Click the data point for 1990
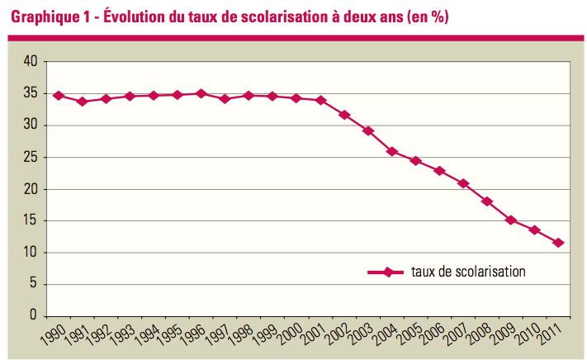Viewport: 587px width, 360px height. [58, 96]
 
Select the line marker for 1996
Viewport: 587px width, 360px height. [201, 93]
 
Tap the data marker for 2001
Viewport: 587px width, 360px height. [320, 101]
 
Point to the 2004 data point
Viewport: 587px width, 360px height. [392, 151]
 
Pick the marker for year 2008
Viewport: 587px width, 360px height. [487, 201]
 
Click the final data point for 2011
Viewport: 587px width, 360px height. [559, 243]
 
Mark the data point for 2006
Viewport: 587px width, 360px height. [439, 171]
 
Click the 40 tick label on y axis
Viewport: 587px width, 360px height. [31, 62]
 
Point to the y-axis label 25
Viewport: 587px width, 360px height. [31, 157]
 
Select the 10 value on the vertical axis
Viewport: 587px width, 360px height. [31, 253]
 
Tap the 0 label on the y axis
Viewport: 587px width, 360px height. [34, 316]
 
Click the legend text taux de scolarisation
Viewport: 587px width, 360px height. [467, 271]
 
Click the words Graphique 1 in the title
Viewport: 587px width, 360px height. [49, 17]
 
